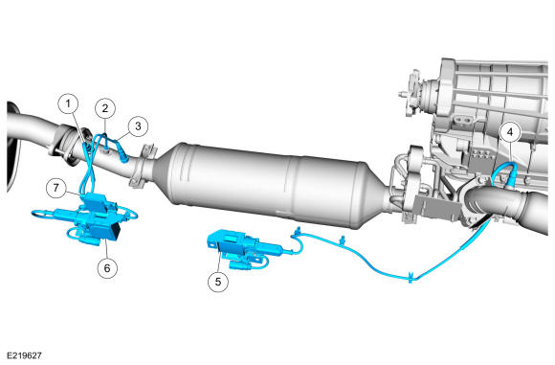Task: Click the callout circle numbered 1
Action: coord(68,103)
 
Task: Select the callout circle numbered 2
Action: coord(105,108)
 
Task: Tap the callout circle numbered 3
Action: coord(138,125)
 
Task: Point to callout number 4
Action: coord(510,132)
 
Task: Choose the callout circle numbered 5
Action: coord(217,282)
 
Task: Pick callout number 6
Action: coord(107,268)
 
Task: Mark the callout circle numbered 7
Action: coord(56,187)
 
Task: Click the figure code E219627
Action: coord(25,355)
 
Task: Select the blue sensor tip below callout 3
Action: coord(123,157)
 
